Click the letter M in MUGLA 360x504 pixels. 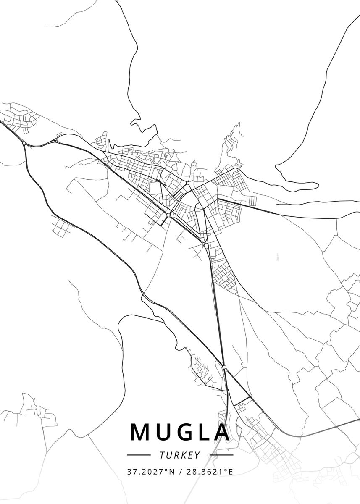click(141, 432)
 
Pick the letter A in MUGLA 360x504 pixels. click(221, 432)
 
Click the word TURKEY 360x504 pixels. click(180, 455)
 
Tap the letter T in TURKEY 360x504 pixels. click(162, 455)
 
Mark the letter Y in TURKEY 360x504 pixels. click(197, 455)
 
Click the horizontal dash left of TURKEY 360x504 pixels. click(138, 454)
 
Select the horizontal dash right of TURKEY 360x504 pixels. click(221, 454)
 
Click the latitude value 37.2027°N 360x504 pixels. click(151, 472)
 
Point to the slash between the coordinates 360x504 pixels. click(180, 472)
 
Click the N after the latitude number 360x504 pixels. click(173, 472)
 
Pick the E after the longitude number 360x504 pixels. click(230, 472)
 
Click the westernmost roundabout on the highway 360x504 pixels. click(24, 144)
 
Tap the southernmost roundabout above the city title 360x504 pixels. click(224, 367)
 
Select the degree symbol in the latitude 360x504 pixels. click(168, 470)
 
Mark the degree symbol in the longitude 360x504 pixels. click(226, 470)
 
